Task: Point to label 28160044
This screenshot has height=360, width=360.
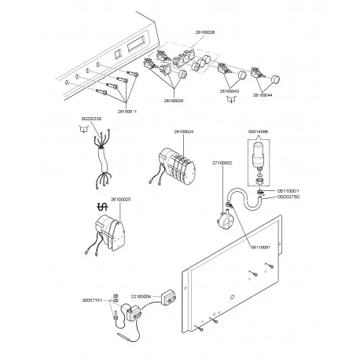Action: point(262,94)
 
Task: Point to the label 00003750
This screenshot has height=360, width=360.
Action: point(288,198)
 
